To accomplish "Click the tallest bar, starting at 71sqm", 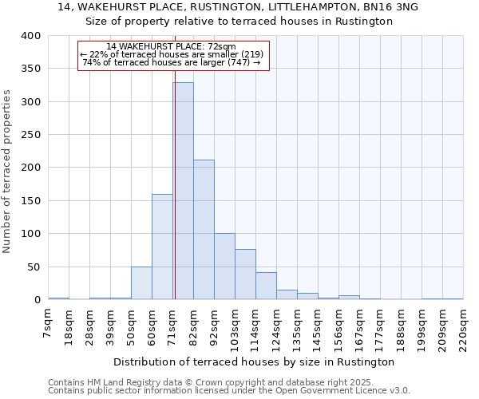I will [x=183, y=192].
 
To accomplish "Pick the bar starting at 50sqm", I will [x=141, y=283].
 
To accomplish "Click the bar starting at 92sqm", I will [x=224, y=267].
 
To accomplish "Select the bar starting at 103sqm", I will [x=245, y=275].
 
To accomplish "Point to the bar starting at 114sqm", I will [x=266, y=286].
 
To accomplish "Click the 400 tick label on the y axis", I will [x=30, y=36].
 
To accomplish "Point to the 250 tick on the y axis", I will [x=30, y=135].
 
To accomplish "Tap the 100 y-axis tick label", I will [x=30, y=234].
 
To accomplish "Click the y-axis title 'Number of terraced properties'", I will [x=7, y=172].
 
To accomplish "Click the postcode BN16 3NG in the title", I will [x=390, y=7].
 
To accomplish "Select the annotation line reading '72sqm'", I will [x=171, y=47].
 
